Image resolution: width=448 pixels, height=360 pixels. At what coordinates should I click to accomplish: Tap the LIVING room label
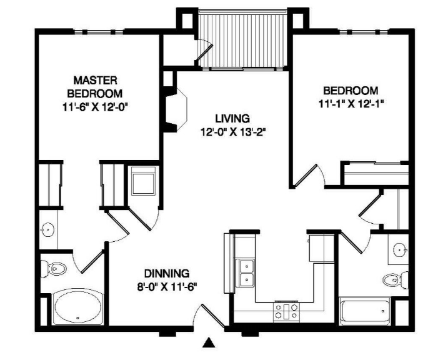click(x=232, y=118)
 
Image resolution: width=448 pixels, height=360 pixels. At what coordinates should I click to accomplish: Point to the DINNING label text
click(x=167, y=273)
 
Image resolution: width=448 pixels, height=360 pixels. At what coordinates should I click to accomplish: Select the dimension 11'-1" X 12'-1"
click(x=351, y=104)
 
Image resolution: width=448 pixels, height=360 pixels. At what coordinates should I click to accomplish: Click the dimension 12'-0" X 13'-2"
click(x=232, y=132)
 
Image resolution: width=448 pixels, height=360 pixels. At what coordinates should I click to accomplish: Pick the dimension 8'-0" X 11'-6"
click(x=167, y=287)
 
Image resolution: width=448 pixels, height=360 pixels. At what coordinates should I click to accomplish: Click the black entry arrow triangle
click(x=209, y=342)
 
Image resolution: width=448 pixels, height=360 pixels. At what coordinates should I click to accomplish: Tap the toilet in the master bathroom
click(x=54, y=269)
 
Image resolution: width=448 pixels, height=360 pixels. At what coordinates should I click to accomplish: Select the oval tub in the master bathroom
click(x=77, y=307)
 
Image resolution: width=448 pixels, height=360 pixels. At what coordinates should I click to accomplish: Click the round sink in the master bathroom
click(x=47, y=229)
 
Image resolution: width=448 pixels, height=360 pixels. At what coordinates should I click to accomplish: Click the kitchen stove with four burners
click(x=287, y=311)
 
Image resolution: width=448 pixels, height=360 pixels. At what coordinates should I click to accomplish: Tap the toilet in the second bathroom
click(x=396, y=280)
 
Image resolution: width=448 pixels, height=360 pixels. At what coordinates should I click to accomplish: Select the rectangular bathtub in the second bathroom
click(x=365, y=311)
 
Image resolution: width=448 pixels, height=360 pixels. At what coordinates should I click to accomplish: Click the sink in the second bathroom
click(x=401, y=250)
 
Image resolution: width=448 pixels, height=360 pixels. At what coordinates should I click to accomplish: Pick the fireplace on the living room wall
click(x=176, y=109)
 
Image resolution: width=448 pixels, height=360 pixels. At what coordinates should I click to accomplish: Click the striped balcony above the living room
click(x=242, y=39)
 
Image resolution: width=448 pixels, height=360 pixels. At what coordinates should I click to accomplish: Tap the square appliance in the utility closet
click(x=144, y=181)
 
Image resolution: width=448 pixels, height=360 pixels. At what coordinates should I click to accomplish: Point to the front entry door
click(x=213, y=316)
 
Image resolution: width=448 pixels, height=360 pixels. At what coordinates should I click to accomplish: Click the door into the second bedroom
click(x=306, y=174)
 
